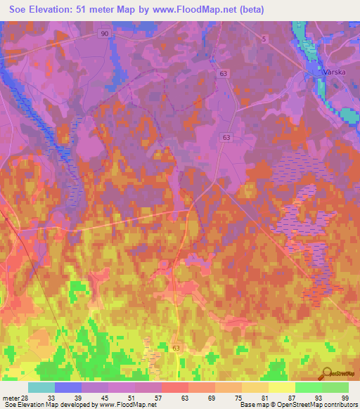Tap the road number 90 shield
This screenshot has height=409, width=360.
pyautogui.click(x=105, y=34)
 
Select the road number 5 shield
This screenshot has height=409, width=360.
pyautogui.click(x=264, y=40)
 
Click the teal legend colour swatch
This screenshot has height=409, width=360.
pyautogui.click(x=41, y=387)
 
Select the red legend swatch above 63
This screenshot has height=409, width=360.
pyautogui.click(x=175, y=387)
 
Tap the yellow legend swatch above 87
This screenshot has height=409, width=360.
pyautogui.click(x=282, y=387)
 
